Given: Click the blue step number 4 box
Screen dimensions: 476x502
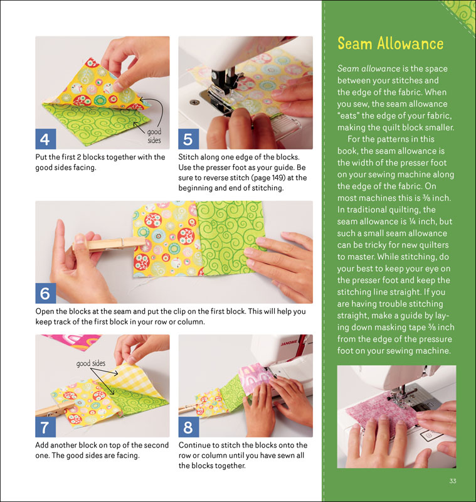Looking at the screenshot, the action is (x=45, y=139).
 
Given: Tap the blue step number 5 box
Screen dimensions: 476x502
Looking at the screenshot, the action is (x=188, y=139).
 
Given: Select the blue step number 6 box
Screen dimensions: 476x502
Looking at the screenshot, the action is (x=45, y=293).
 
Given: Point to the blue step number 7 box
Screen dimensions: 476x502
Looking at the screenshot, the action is (x=45, y=427).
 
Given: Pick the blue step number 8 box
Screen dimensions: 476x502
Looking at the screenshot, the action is (x=188, y=427).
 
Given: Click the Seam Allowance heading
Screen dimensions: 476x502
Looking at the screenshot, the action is (x=390, y=43).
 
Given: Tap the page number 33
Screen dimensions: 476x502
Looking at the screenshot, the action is (x=453, y=481).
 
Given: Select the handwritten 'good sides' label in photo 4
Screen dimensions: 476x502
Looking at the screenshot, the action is (x=154, y=136).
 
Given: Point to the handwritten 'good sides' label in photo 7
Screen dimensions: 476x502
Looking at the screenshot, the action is (x=90, y=363).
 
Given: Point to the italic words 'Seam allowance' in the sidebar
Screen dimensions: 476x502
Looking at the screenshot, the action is (x=369, y=68).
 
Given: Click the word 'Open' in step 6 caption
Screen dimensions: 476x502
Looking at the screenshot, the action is (x=45, y=311).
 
